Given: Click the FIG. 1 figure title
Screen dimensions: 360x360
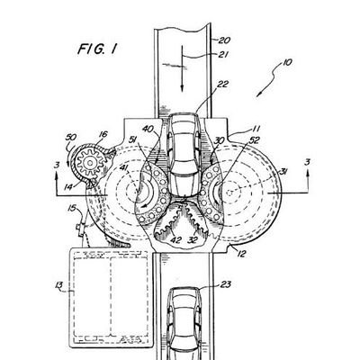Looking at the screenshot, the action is (97, 49).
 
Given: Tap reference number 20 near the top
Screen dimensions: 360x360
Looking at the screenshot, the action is (224, 40).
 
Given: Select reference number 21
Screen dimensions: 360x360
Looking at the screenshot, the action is (223, 54).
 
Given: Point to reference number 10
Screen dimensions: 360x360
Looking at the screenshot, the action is (286, 63).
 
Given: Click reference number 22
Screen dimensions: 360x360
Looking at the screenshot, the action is (223, 84).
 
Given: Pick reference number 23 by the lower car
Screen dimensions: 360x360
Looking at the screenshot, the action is (225, 283).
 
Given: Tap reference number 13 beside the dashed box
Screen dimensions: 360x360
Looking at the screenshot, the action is (58, 284).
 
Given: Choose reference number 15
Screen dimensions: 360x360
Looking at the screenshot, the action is (72, 208).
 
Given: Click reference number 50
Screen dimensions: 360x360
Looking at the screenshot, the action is (71, 137).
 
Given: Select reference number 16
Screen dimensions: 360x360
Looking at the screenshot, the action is (103, 134).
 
